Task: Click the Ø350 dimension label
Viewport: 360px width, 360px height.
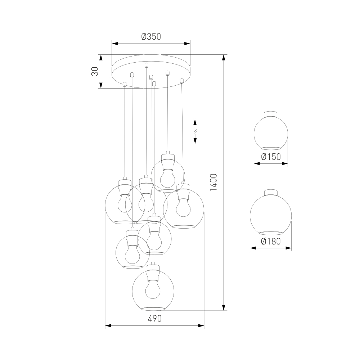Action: pyautogui.click(x=151, y=36)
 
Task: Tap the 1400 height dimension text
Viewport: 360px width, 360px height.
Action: pyautogui.click(x=213, y=183)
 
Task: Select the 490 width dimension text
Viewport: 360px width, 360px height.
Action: pyautogui.click(x=154, y=319)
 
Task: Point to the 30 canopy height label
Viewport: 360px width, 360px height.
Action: pyautogui.click(x=95, y=71)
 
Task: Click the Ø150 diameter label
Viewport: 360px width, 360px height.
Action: pyautogui.click(x=271, y=157)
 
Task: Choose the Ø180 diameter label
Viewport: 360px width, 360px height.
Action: pyautogui.click(x=271, y=241)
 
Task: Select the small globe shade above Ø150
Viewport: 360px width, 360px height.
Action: pyautogui.click(x=271, y=133)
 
